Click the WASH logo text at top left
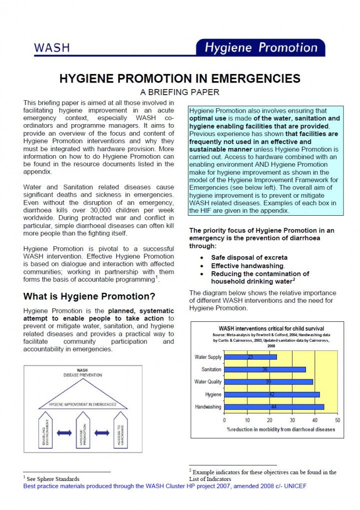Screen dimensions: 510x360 click(52, 48)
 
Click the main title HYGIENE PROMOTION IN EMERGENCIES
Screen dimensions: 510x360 click(180, 79)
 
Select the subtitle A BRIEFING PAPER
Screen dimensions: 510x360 click(180, 92)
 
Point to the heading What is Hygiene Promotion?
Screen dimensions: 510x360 click(89, 295)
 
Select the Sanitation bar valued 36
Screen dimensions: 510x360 click(265, 369)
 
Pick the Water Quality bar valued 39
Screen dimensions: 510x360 click(268, 382)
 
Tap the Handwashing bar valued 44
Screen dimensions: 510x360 click(274, 407)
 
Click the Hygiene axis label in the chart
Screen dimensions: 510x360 click(213, 394)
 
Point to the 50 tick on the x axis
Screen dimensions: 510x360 click(337, 419)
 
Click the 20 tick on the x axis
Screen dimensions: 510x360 click(269, 419)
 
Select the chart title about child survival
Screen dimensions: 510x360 click(264, 329)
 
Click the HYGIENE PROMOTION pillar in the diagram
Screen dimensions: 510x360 click(83, 431)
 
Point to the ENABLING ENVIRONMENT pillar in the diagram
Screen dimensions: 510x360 click(45, 431)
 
